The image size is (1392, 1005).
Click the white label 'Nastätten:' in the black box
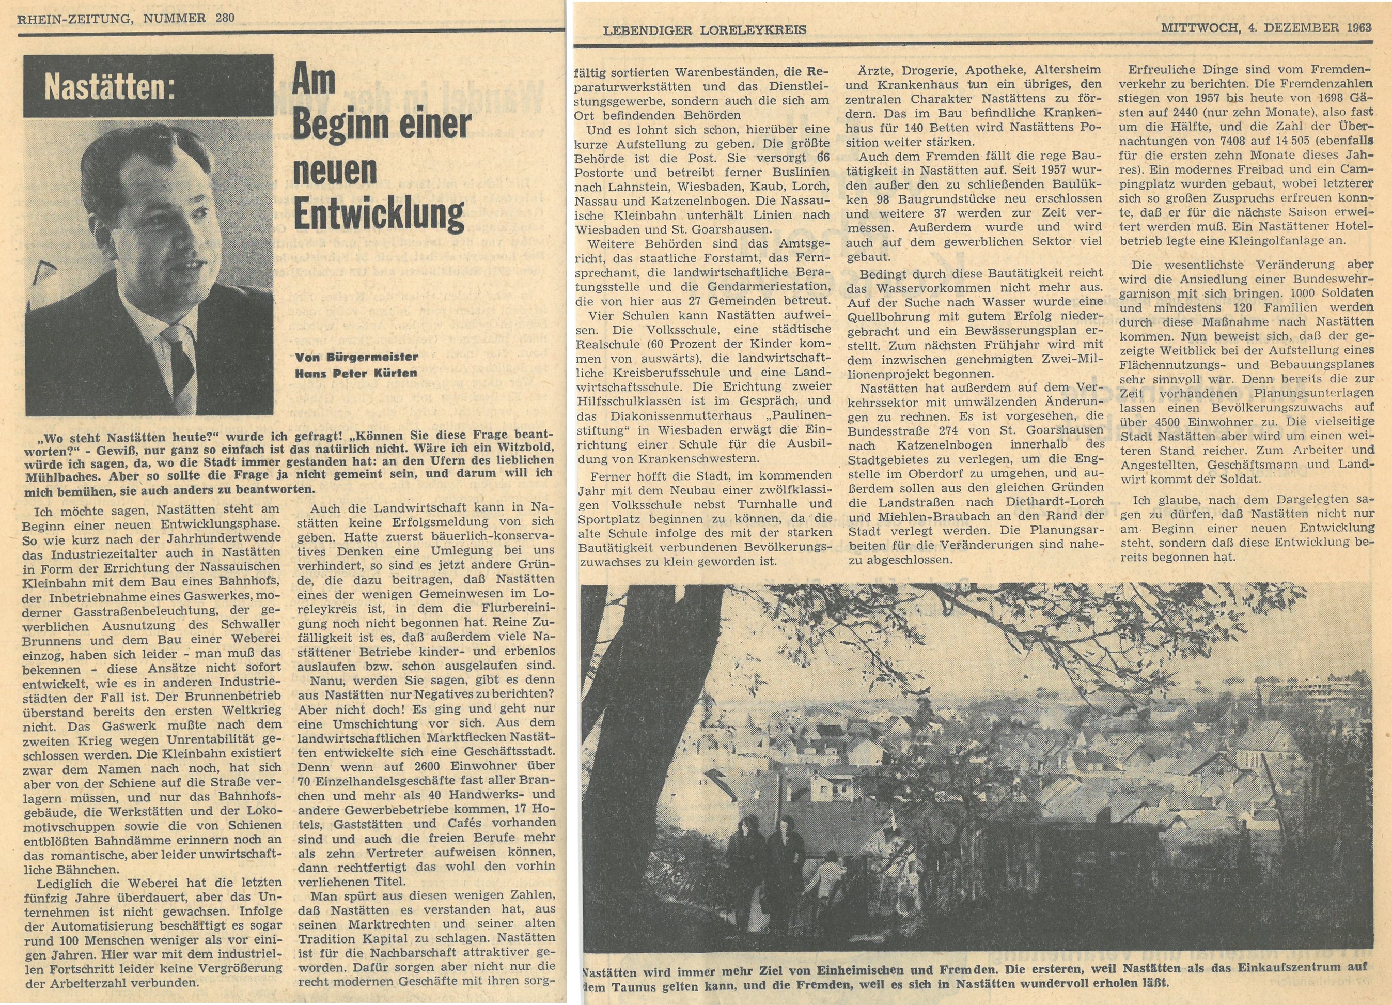pyautogui.click(x=110, y=89)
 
